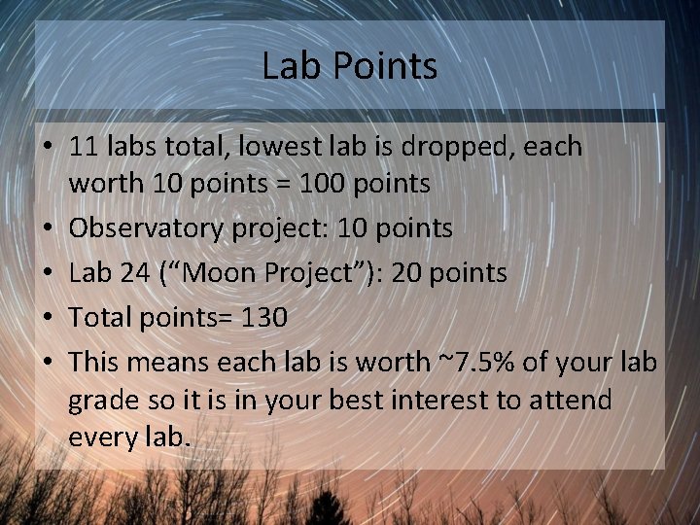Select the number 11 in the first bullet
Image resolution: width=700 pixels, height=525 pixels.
(x=83, y=148)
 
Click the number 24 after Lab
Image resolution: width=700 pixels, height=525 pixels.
(x=135, y=273)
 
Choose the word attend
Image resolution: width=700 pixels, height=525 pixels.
(x=566, y=400)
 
